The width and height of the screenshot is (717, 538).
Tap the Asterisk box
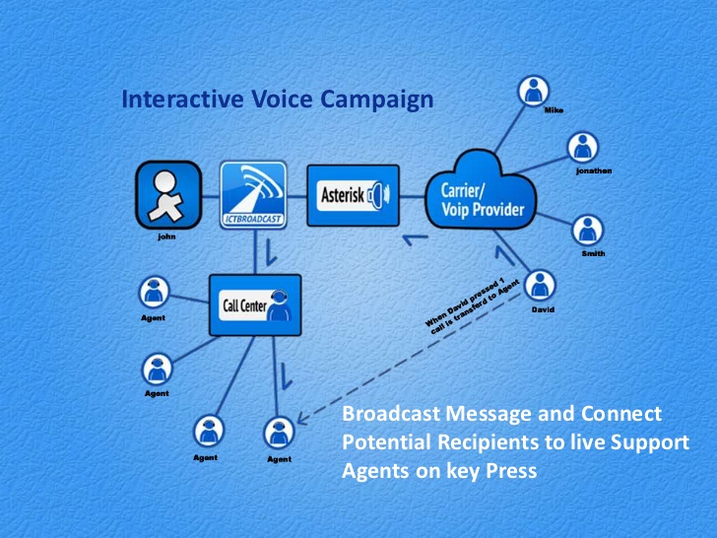tap(353, 195)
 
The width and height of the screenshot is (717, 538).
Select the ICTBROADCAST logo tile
tap(253, 195)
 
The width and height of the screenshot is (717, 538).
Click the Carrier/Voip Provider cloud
tap(481, 192)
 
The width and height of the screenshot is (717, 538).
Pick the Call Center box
tap(255, 305)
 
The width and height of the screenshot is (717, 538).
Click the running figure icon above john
tap(168, 195)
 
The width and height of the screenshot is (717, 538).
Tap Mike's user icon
tap(533, 91)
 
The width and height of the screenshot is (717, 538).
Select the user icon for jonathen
tap(583, 148)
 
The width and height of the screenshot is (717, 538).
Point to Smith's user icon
tap(588, 231)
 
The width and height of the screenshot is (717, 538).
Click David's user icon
tap(540, 286)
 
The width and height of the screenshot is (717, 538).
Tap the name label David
tap(543, 309)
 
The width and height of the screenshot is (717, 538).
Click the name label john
tap(166, 236)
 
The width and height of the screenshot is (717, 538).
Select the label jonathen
tap(594, 171)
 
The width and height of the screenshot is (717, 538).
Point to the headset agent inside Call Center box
tap(279, 305)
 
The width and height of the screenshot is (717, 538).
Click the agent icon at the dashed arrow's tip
tap(279, 433)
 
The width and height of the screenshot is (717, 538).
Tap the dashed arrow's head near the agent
tap(303, 418)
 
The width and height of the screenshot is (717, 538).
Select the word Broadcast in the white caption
tap(391, 413)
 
